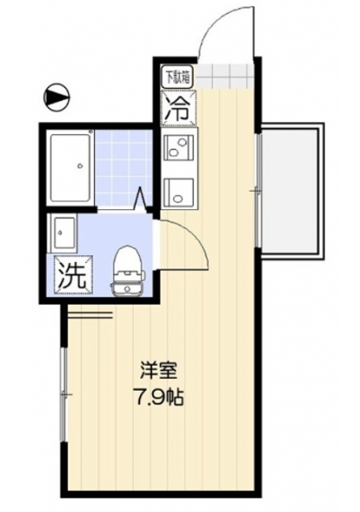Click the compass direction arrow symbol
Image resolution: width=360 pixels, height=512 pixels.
point(57,96)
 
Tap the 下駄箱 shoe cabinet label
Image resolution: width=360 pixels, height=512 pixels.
point(178,77)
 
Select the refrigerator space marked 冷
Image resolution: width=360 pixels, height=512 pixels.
point(179,108)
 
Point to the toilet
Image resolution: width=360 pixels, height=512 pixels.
point(127,271)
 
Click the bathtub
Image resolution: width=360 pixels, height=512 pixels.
point(70,167)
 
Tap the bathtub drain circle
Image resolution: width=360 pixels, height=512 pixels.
point(79,166)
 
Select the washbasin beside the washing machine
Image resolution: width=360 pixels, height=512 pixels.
point(62,232)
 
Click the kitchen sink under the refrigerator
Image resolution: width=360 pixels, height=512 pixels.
point(178,148)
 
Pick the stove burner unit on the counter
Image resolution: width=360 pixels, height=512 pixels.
point(178,193)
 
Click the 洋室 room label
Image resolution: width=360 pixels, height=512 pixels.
point(159,371)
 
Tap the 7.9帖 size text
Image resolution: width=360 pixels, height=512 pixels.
point(159,398)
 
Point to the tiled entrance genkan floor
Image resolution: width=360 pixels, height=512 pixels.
point(224,78)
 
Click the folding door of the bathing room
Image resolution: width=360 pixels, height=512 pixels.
point(141,199)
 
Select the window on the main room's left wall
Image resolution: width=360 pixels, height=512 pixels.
point(64,394)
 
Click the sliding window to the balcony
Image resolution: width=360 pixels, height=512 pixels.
point(258,190)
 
